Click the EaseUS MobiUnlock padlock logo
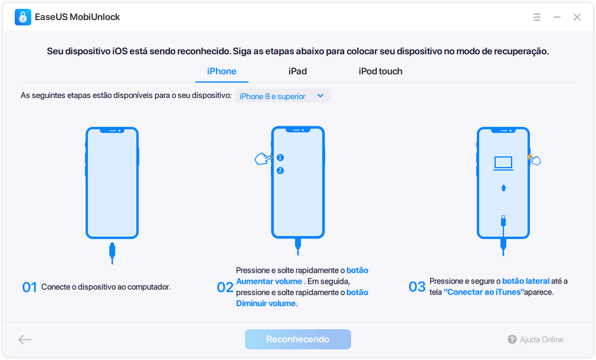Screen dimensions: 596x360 click(x=23, y=17)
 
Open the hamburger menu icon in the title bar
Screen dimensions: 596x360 click(x=537, y=17)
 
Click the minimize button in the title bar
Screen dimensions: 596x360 click(x=557, y=17)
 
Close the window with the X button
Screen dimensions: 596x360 click(x=577, y=17)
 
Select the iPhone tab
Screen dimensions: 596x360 click(x=222, y=71)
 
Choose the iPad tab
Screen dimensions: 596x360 click(x=297, y=71)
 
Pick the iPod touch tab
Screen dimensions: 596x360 click(x=381, y=71)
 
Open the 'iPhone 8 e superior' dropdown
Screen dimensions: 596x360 click(x=283, y=96)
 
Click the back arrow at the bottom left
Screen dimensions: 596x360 click(x=25, y=339)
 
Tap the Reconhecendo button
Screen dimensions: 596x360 click(x=297, y=339)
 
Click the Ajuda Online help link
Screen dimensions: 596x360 click(x=536, y=339)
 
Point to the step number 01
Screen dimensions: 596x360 click(x=30, y=287)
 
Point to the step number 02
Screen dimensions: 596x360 click(x=225, y=287)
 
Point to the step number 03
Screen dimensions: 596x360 click(x=417, y=287)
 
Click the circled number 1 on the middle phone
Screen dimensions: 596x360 click(x=280, y=158)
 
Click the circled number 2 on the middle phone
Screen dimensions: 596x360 click(x=280, y=171)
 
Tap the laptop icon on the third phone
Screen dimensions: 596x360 click(x=503, y=163)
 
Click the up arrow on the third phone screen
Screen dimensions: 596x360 click(x=503, y=188)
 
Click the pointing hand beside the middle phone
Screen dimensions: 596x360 click(x=263, y=159)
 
